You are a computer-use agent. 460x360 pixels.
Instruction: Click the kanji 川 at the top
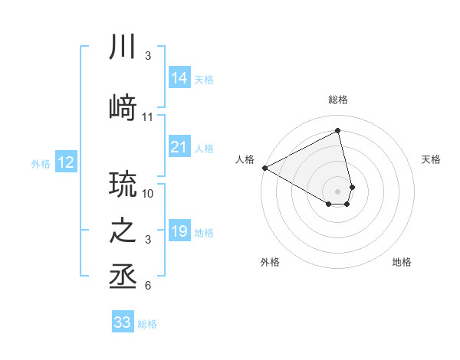point(123,47)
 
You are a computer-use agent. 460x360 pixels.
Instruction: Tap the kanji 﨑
point(123,108)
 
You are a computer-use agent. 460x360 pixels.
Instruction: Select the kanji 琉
point(123,184)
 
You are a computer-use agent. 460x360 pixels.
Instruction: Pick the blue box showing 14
point(179,77)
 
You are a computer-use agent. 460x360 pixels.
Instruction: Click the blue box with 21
point(179,146)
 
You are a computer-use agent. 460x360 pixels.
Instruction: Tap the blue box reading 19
point(179,231)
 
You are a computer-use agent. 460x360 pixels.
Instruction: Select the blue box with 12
point(65,162)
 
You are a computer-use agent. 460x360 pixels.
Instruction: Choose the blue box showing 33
point(123,322)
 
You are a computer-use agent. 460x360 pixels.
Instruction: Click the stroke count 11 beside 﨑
point(148,117)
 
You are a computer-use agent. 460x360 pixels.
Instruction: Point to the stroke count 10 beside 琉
point(148,193)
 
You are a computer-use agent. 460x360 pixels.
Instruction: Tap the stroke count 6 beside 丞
point(148,286)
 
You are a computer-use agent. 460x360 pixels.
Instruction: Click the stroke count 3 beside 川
point(148,56)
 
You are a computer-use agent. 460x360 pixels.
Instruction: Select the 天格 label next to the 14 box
point(204,79)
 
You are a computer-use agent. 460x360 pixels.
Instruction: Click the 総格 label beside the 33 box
point(147,324)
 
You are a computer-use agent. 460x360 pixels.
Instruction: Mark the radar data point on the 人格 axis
point(264,167)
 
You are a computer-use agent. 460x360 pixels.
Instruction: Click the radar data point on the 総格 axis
point(337,130)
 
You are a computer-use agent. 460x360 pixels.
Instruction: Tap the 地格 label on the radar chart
point(402,263)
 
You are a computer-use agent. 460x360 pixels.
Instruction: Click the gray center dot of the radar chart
point(337,191)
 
